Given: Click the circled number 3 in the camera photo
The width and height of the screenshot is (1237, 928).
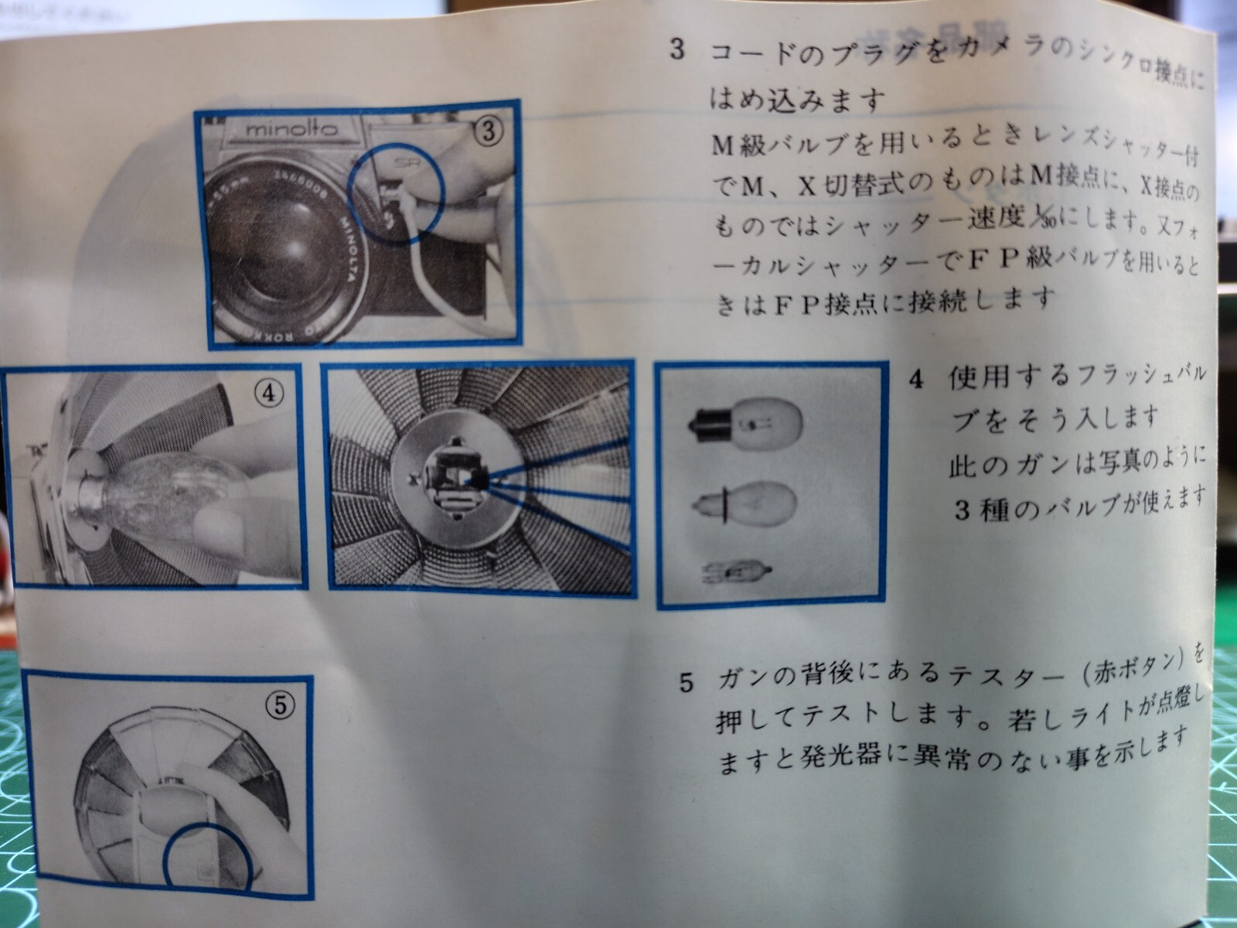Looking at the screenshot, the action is point(489,132).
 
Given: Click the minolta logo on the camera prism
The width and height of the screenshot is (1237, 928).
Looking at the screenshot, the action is point(292,130).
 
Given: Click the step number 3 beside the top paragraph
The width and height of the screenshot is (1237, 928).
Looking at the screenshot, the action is point(676,51).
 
